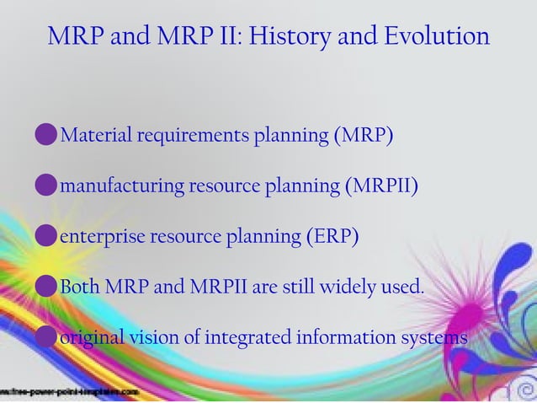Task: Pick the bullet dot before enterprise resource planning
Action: pos(47,237)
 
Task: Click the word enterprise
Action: pos(102,237)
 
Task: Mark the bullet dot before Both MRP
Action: pos(47,287)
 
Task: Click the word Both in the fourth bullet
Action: pos(81,287)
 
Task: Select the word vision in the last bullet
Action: pos(151,338)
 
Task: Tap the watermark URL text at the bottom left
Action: pos(71,393)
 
